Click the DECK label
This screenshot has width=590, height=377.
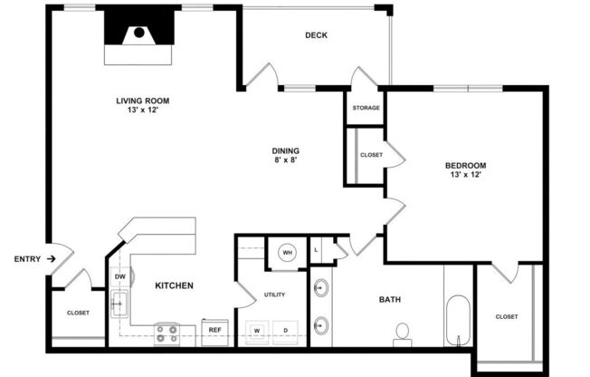coord(316,35)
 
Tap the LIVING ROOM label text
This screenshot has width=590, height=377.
coord(142,101)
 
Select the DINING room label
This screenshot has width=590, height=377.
coord(286,150)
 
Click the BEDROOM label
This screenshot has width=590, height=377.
coord(465,165)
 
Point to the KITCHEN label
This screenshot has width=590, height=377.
coord(174,285)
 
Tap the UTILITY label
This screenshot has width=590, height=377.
coord(274,295)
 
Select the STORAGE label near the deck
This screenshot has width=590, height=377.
coord(366,108)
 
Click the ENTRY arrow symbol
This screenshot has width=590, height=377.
coord(52,259)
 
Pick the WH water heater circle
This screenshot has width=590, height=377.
coord(287,253)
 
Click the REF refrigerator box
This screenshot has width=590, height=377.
coord(215,331)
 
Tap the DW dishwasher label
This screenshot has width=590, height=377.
coord(119,277)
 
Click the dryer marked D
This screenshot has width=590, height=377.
coord(286,331)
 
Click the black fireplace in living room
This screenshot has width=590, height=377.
coord(138,34)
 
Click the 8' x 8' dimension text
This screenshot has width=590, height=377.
coord(286,160)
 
